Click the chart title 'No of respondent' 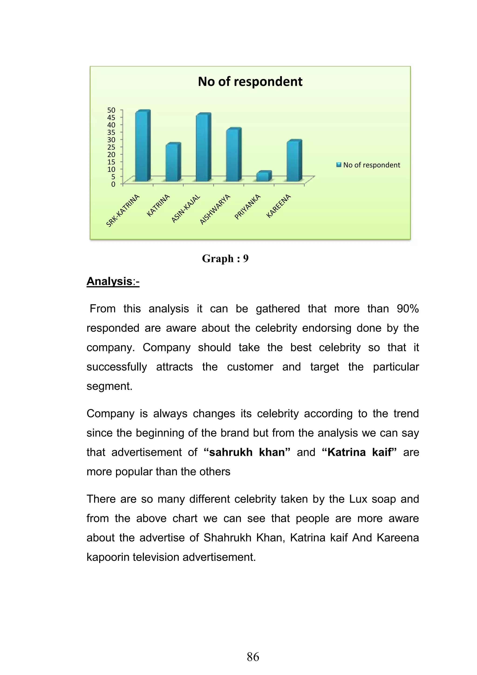(250, 81)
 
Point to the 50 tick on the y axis (111, 110)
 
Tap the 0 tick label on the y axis (113, 184)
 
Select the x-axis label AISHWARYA (215, 209)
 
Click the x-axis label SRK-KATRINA (123, 210)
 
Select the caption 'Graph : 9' (225, 258)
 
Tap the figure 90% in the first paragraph (407, 309)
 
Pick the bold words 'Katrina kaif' (359, 452)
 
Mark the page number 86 (253, 657)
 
